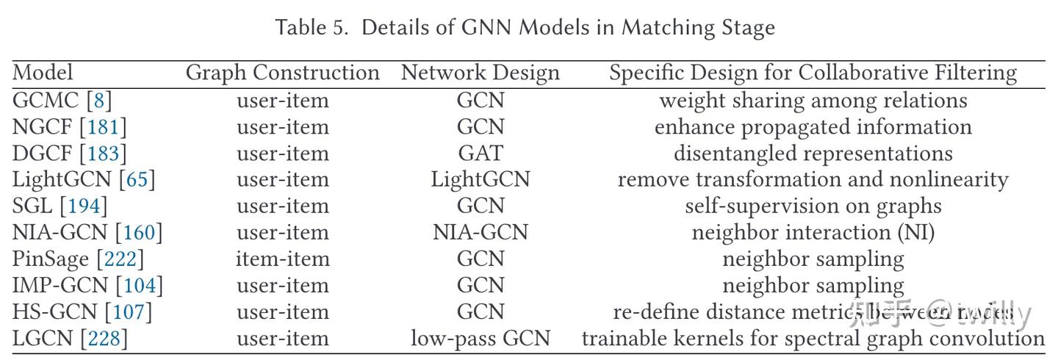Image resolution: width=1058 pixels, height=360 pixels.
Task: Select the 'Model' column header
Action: coord(43,73)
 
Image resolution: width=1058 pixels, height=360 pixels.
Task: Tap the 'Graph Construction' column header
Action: coord(282,73)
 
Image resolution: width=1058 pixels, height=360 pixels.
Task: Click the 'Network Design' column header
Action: coord(480,73)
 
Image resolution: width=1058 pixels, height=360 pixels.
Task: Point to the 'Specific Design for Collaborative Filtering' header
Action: coord(813,73)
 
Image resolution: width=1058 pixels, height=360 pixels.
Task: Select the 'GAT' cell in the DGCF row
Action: coord(480,154)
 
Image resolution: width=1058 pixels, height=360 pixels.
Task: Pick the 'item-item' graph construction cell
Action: coord(282,259)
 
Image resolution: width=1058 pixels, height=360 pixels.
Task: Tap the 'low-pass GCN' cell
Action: coord(480,339)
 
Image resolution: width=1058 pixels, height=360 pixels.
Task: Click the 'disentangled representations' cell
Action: coord(813,154)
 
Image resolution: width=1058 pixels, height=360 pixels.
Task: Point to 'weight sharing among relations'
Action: coord(813,101)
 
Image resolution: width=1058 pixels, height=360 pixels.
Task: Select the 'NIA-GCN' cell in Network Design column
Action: coord(480,233)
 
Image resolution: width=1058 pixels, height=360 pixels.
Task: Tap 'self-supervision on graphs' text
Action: coord(813,206)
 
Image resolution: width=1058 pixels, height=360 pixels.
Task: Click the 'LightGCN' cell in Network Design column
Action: coord(480,180)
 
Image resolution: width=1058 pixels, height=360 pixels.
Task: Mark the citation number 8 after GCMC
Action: coord(98,101)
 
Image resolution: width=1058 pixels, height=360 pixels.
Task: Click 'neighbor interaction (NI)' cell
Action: coord(813,233)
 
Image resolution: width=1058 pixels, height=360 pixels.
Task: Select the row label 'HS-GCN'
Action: coord(54,312)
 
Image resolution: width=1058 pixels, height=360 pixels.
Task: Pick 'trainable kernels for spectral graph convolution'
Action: coord(813,339)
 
